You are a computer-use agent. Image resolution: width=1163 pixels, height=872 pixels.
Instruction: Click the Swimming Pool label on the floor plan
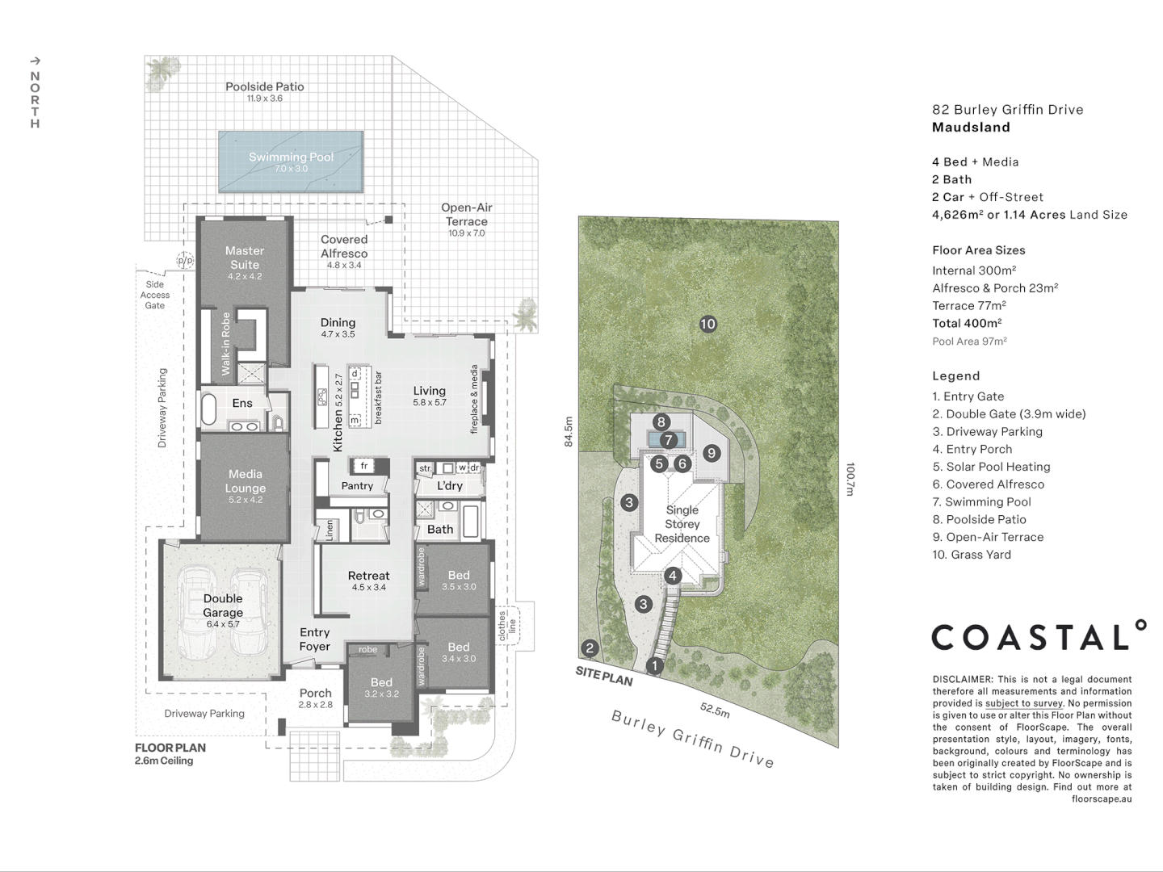291,157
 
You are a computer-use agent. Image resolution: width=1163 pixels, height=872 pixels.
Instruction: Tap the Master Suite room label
244,258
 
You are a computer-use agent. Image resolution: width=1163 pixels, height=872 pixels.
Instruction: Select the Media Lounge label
246,480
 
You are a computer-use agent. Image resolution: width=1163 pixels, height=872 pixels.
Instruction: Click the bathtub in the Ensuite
208,409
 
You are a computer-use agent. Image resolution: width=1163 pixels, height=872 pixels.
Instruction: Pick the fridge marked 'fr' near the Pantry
364,466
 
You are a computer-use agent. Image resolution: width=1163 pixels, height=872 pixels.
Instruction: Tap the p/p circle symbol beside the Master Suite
185,261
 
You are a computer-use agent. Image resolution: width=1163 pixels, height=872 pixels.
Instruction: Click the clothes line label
507,627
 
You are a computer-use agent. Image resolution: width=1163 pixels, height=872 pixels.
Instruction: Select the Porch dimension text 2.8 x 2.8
315,705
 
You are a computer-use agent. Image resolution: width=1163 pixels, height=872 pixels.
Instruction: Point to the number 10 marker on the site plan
708,324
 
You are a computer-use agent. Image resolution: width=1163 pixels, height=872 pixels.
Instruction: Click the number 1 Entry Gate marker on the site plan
655,665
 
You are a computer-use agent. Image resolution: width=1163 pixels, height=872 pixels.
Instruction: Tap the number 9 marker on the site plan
712,453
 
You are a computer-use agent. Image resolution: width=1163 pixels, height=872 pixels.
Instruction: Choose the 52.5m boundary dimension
715,710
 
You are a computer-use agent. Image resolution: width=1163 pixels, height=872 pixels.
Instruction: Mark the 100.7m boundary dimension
850,479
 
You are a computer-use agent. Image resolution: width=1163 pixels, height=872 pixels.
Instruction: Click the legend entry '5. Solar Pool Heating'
991,467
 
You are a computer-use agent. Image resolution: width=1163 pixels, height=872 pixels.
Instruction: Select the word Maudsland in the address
972,127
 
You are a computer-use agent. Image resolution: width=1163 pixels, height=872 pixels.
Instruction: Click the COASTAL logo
1039,635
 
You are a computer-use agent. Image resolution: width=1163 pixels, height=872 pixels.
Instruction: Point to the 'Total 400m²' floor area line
967,324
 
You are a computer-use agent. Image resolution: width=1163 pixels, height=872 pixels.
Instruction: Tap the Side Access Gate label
155,295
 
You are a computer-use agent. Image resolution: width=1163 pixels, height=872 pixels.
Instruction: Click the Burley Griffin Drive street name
693,739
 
